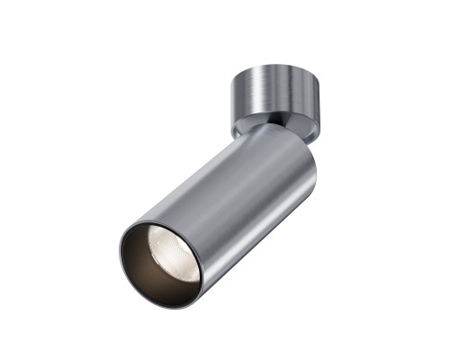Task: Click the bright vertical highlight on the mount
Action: coord(256,94)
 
